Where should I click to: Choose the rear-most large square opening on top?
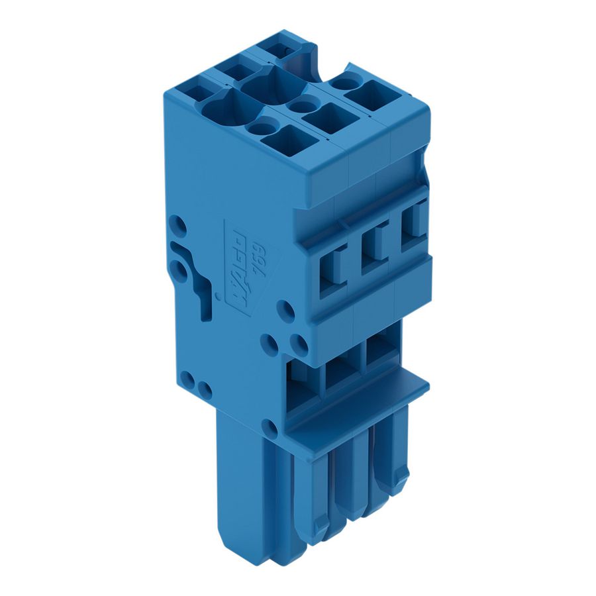tap(372, 95)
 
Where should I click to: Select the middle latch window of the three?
tap(375, 249)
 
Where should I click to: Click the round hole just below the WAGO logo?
tap(285, 310)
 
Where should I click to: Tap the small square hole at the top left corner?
tap(190, 89)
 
